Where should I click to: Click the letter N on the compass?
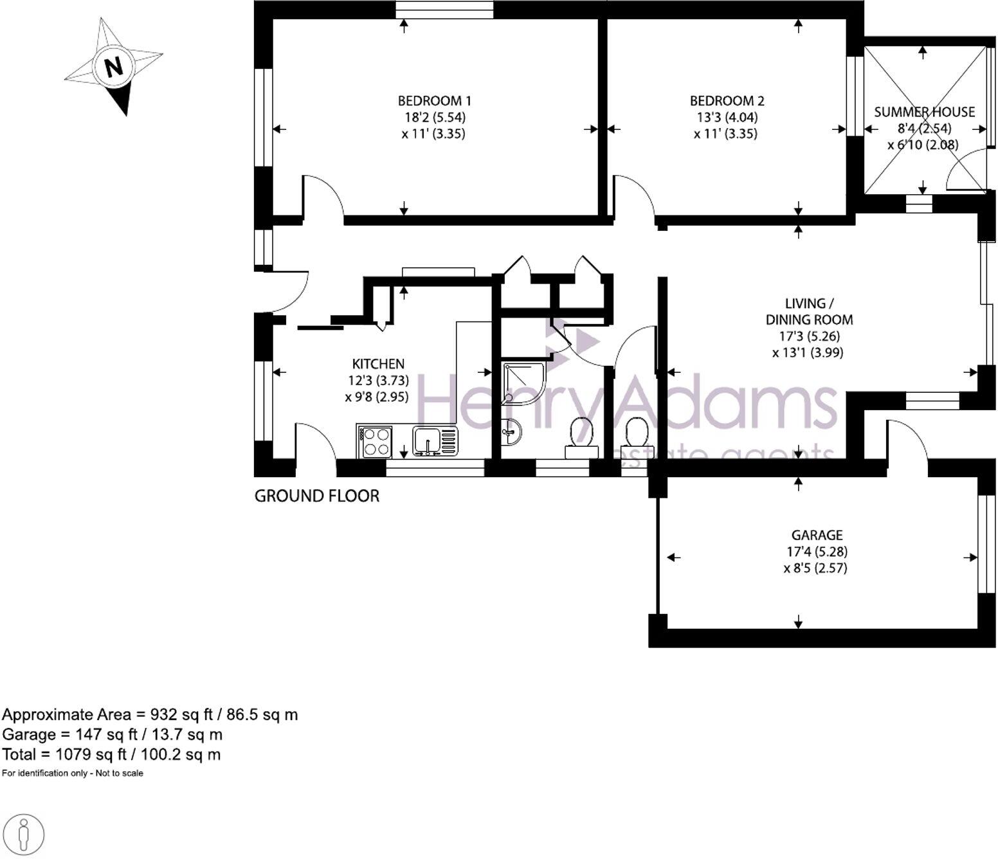[x=114, y=67]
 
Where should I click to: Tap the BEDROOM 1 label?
[x=434, y=101]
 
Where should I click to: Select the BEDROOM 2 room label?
[x=727, y=101]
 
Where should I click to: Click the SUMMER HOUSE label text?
[x=924, y=112]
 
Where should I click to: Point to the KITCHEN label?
[x=378, y=364]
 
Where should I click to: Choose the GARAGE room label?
[x=817, y=535]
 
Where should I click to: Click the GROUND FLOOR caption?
[x=317, y=496]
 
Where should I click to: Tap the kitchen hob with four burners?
[x=377, y=442]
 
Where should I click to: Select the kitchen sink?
[x=428, y=441]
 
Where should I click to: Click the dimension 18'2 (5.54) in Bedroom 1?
[x=435, y=118]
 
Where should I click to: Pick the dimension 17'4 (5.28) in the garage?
[x=817, y=552]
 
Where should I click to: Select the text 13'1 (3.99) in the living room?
[x=808, y=352]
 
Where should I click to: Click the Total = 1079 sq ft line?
[x=111, y=754]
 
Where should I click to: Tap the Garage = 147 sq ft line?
[x=113, y=734]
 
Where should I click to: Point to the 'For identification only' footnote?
[x=73, y=773]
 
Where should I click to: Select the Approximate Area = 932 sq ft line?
[x=150, y=714]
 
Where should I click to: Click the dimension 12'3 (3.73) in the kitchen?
[x=378, y=381]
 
